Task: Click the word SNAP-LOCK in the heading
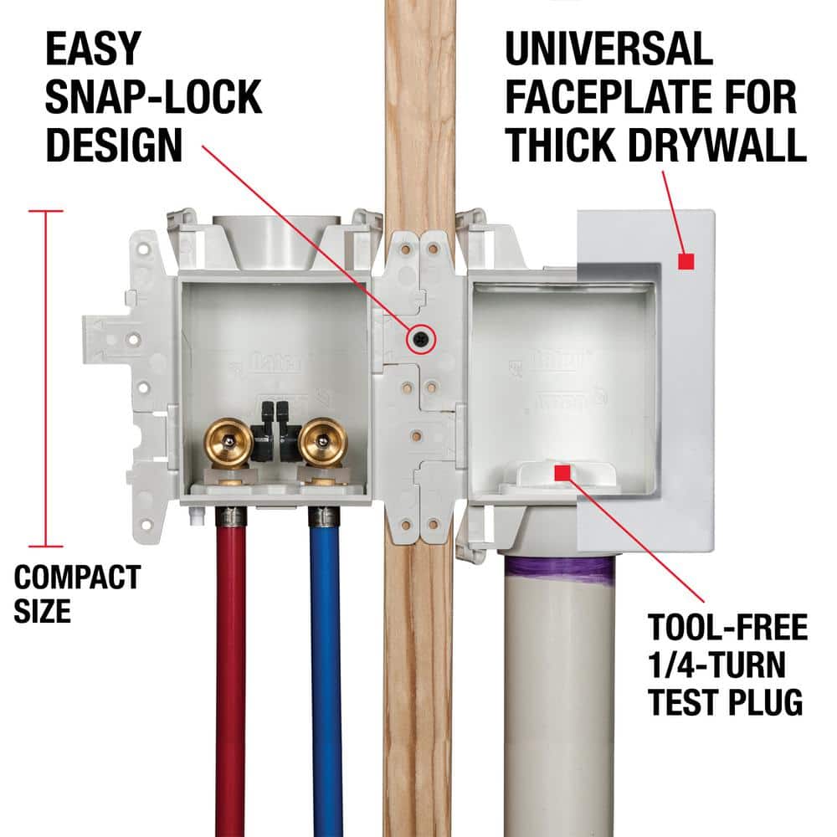pyautogui.click(x=152, y=98)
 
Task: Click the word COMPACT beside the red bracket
pyautogui.click(x=77, y=577)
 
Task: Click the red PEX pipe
pyautogui.click(x=231, y=670)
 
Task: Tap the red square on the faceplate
pyautogui.click(x=686, y=263)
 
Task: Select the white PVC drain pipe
pyautogui.click(x=559, y=711)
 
